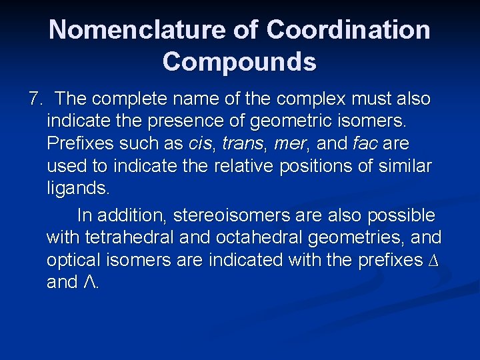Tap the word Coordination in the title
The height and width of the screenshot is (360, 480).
tap(348, 29)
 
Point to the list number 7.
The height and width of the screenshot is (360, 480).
tap(35, 99)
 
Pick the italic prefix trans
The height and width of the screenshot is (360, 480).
tap(243, 143)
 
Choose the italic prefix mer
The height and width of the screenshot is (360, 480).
tap(289, 143)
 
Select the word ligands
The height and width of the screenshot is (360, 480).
tap(77, 188)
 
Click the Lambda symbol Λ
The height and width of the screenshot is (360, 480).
tap(91, 282)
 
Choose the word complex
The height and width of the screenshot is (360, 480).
tap(316, 99)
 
